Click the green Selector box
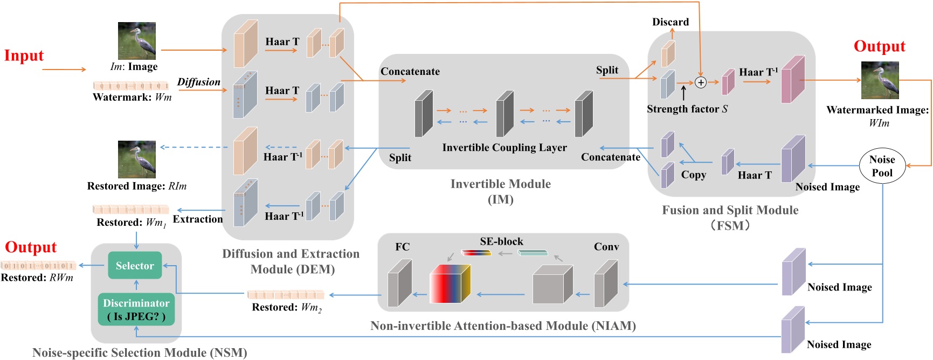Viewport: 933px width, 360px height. [135, 265]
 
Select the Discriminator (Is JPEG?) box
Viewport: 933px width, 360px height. [136, 309]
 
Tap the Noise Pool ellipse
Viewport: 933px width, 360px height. [882, 166]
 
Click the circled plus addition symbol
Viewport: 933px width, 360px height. [700, 82]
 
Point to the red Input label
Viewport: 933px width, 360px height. [24, 56]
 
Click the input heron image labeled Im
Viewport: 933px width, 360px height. [137, 40]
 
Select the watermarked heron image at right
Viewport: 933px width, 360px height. [880, 80]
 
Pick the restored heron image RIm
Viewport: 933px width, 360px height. [137, 159]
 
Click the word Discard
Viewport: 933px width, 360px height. [671, 22]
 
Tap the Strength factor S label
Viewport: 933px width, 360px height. [687, 109]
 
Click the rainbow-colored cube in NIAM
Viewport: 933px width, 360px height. [450, 283]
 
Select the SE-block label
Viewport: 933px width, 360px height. [501, 241]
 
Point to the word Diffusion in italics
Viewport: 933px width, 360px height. [198, 82]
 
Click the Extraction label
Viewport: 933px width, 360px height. [197, 219]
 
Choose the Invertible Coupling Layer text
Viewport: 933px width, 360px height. [504, 148]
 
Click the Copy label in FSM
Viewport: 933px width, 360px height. [693, 175]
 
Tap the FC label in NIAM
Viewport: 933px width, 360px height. [402, 247]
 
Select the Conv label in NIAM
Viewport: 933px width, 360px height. [606, 247]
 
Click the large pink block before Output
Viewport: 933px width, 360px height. [792, 80]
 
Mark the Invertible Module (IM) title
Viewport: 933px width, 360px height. [500, 191]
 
